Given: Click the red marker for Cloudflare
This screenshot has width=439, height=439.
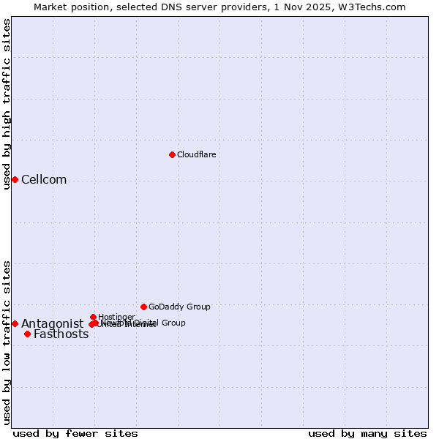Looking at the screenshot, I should [172, 154].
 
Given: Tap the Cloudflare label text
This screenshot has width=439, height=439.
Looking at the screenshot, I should [196, 154].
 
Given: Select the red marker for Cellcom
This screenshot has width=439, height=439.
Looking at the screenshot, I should [15, 179].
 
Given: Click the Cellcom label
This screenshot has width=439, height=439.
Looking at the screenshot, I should [44, 180].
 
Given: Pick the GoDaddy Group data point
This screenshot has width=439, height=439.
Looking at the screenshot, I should [143, 307].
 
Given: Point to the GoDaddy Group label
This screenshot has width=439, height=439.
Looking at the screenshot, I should [179, 307].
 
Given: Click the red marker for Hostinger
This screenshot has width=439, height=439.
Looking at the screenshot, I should [93, 317].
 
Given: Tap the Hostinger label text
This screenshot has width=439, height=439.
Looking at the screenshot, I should [116, 317].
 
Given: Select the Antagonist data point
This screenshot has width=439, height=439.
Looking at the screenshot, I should [15, 323].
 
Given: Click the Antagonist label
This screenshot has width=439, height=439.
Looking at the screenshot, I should [52, 324].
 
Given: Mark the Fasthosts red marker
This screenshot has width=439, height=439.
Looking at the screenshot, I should [27, 334].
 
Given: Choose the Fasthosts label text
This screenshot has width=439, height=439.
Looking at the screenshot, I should [61, 334].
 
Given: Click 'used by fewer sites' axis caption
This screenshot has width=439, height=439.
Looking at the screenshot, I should [75, 433].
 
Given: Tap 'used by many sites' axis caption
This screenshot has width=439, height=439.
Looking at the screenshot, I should [367, 433].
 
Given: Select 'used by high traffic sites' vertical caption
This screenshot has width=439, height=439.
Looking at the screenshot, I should [7, 104].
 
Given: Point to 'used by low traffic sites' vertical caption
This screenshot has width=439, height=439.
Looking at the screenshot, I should [7, 342].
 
